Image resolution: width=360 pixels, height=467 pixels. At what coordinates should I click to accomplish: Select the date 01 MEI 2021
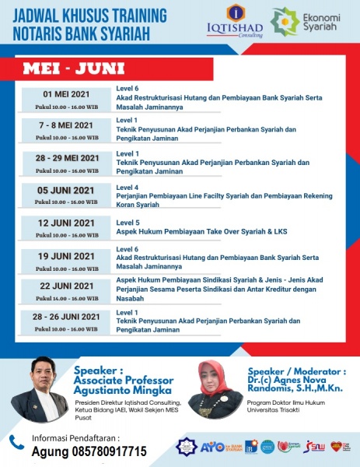pos(66,93)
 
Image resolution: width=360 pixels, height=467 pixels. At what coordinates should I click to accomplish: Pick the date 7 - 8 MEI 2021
pos(66,125)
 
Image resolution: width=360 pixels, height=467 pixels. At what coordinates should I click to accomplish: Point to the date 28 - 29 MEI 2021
pos(66,158)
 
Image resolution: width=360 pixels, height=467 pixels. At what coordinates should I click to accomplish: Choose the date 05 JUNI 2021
pos(66,191)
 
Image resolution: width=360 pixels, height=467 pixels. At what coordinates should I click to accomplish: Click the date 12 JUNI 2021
pos(66,223)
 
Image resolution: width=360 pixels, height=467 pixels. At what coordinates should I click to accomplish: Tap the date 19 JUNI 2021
pos(66,255)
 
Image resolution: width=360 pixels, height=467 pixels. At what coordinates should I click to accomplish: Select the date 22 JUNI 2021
pos(66,286)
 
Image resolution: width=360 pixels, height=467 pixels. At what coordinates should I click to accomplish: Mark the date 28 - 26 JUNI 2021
pos(66,317)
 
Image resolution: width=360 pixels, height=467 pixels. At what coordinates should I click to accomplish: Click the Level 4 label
pos(127,187)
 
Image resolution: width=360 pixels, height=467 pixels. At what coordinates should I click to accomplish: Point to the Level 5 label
pos(127,222)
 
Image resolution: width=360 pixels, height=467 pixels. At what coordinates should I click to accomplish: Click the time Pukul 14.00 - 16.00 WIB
pos(66,297)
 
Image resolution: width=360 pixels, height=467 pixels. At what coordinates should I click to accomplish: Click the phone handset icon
pos(16,442)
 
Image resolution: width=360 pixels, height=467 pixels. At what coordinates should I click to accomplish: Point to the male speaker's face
pos(40,374)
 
